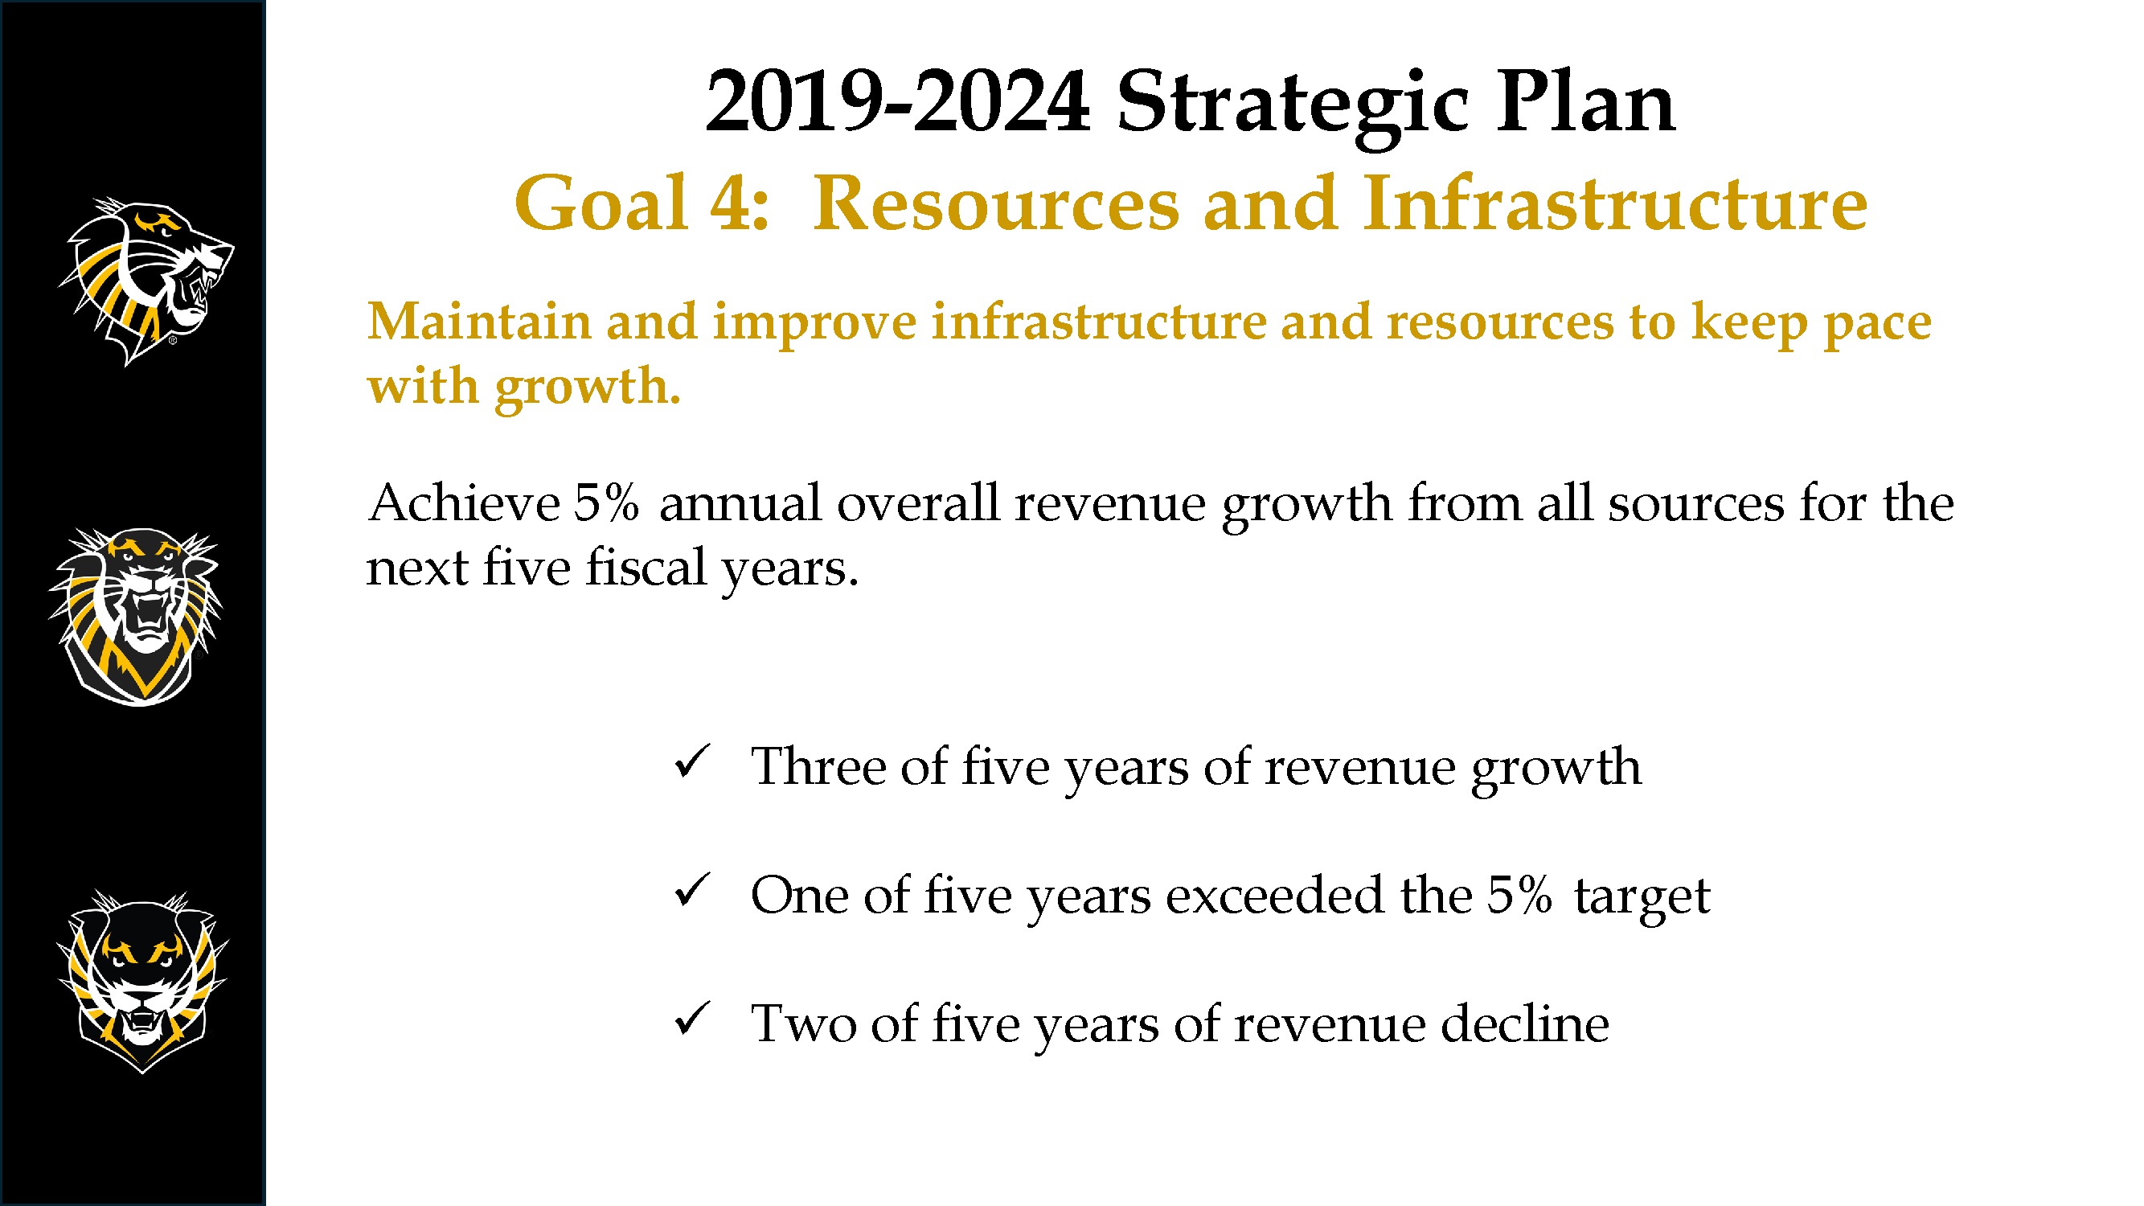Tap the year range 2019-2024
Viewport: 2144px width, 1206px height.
(x=897, y=101)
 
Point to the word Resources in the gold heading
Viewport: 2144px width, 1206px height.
(x=996, y=203)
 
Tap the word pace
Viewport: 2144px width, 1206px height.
(x=1877, y=326)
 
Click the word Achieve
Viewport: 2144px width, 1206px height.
(x=464, y=503)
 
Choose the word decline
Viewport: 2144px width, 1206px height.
(x=1525, y=1023)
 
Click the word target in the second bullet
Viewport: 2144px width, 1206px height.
(x=1642, y=899)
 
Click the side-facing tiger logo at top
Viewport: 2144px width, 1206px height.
(x=146, y=281)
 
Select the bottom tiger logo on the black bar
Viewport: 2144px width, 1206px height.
(x=141, y=982)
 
